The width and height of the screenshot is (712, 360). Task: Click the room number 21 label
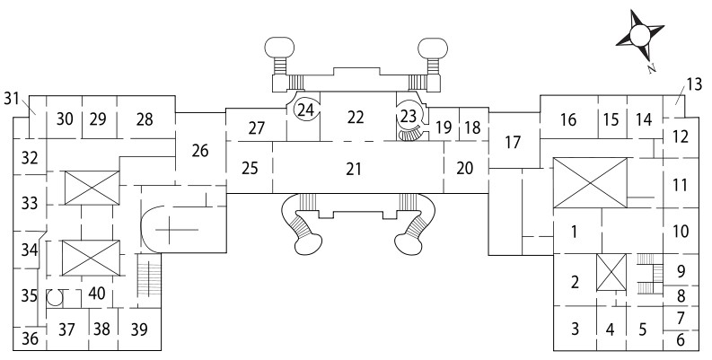353,169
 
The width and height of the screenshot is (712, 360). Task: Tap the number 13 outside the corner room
693,84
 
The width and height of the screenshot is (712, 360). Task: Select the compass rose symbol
640,36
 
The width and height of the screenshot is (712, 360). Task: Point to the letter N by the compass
652,68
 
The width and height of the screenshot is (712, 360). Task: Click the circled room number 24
306,110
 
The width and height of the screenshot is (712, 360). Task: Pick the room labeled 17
512,142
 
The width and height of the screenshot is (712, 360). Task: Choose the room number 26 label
200,150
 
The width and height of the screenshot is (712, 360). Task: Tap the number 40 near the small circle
97,294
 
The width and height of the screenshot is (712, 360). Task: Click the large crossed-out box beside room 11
590,182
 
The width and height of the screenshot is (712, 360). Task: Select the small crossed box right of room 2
611,272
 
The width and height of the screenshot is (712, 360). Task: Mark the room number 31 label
13,98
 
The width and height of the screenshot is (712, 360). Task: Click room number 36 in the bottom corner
30,338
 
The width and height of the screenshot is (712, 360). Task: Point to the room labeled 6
681,340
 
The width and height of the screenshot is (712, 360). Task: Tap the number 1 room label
575,232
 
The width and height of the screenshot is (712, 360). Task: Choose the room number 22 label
356,117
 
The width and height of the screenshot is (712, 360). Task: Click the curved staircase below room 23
412,134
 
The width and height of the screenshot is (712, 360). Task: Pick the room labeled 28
145,119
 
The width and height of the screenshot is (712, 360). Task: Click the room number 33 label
30,203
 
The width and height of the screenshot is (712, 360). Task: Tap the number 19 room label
444,127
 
